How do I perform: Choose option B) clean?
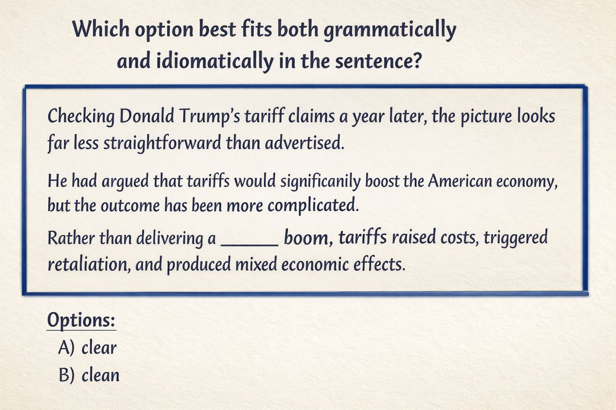pyautogui.click(x=90, y=375)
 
